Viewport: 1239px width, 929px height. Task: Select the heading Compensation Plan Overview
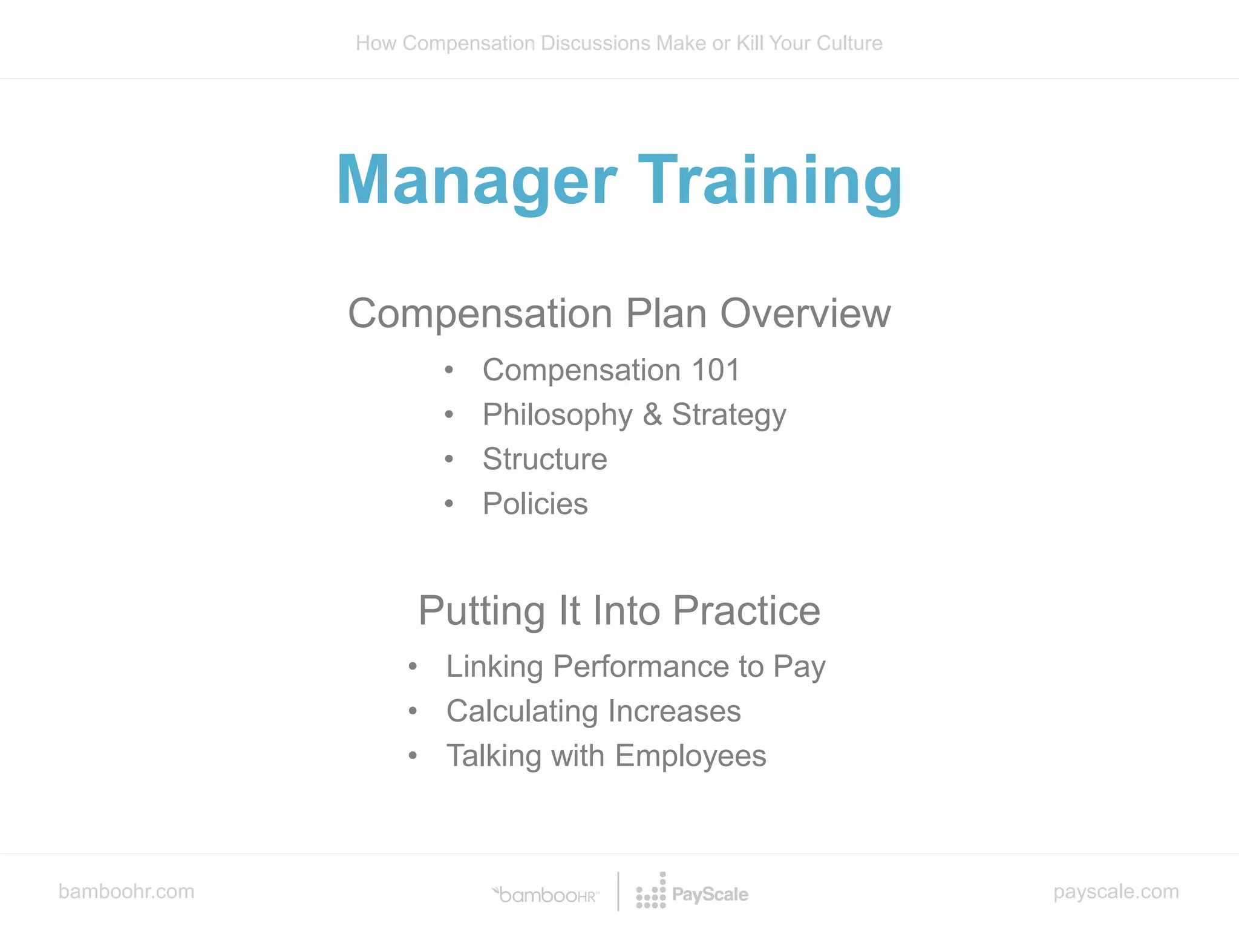(x=619, y=313)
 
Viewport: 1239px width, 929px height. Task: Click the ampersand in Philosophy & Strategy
(x=652, y=415)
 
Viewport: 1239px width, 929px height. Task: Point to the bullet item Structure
(x=544, y=459)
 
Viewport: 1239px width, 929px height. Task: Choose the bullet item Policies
(x=535, y=504)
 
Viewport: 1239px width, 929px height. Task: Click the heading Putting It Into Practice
(x=619, y=610)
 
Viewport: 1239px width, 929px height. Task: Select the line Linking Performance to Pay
(x=635, y=667)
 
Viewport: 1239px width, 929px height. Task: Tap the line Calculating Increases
(x=593, y=711)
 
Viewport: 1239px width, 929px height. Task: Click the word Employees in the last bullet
(x=690, y=756)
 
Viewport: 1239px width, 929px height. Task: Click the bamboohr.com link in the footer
(x=126, y=892)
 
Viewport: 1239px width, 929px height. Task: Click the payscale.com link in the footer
(x=1116, y=892)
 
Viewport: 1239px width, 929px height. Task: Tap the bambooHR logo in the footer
(x=546, y=895)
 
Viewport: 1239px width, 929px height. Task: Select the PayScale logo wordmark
(x=710, y=895)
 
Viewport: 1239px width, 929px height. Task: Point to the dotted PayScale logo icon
(x=651, y=892)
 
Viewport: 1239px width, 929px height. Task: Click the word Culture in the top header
(x=849, y=44)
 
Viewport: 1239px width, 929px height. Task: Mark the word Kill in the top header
(x=750, y=44)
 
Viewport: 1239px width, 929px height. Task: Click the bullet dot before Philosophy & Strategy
(x=449, y=415)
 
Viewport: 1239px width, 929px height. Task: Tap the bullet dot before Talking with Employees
(x=413, y=755)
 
